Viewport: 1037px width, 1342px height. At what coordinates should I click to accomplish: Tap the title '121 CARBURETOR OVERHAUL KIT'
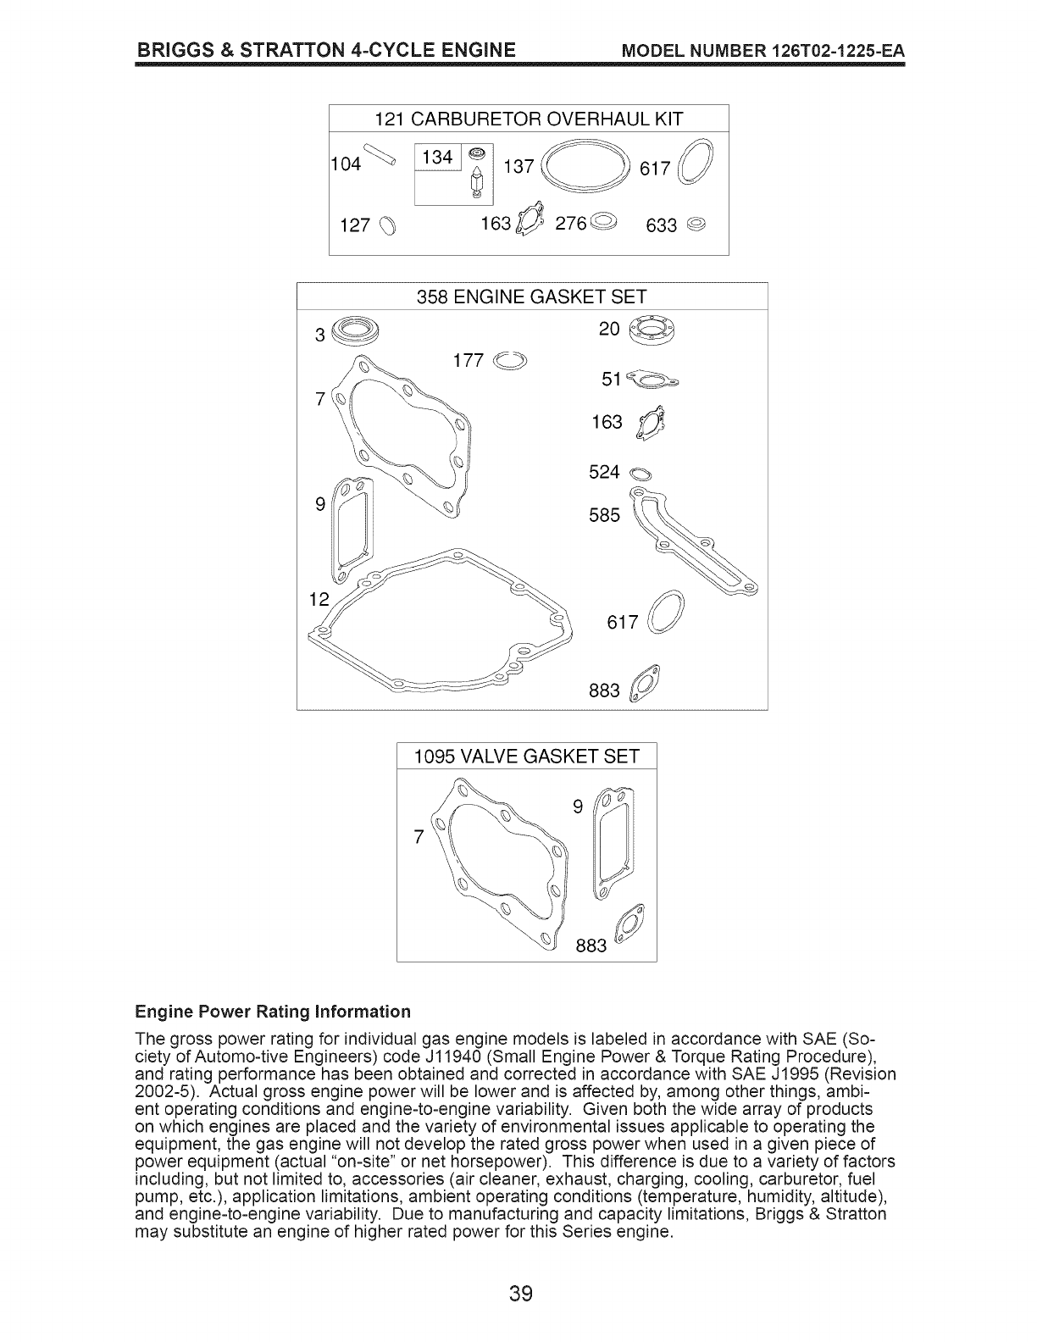coord(529,119)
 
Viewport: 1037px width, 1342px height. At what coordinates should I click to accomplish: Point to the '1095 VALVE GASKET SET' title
coord(526,756)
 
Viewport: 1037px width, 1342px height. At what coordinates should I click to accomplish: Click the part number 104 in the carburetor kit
coord(347,164)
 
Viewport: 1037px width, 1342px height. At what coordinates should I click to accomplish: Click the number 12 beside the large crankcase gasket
coord(319,600)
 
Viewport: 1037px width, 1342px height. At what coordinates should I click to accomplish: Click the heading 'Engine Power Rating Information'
coord(273,1012)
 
